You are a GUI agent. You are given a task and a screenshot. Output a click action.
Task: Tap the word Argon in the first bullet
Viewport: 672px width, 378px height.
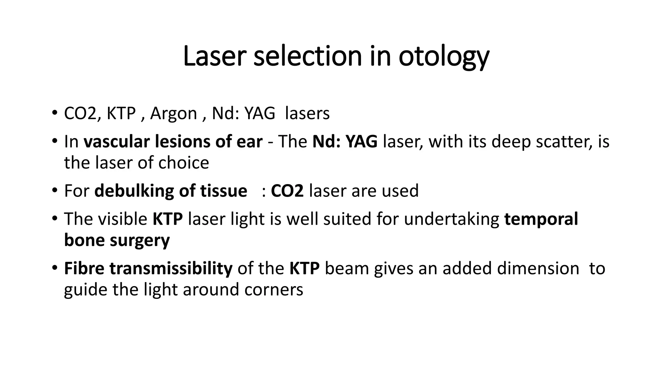tap(173, 114)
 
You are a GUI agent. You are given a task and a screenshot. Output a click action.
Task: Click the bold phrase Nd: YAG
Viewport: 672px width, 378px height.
tap(345, 142)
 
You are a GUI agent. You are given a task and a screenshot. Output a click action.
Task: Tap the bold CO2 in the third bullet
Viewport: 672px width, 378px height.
tap(287, 191)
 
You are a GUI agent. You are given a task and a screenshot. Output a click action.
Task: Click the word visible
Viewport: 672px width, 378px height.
tap(126, 219)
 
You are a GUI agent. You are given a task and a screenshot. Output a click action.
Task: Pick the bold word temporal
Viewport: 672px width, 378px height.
tap(541, 219)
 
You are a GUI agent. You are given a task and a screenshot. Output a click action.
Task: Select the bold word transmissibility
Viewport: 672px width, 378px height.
tap(171, 268)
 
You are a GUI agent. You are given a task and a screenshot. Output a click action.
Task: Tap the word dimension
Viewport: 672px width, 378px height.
tap(538, 268)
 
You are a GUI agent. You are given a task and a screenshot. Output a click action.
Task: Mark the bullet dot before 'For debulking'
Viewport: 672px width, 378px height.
tap(54, 191)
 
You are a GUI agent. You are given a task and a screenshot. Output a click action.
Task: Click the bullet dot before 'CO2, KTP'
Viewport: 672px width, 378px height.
tap(54, 113)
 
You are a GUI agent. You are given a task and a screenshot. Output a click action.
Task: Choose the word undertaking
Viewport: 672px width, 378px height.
tap(451, 219)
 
